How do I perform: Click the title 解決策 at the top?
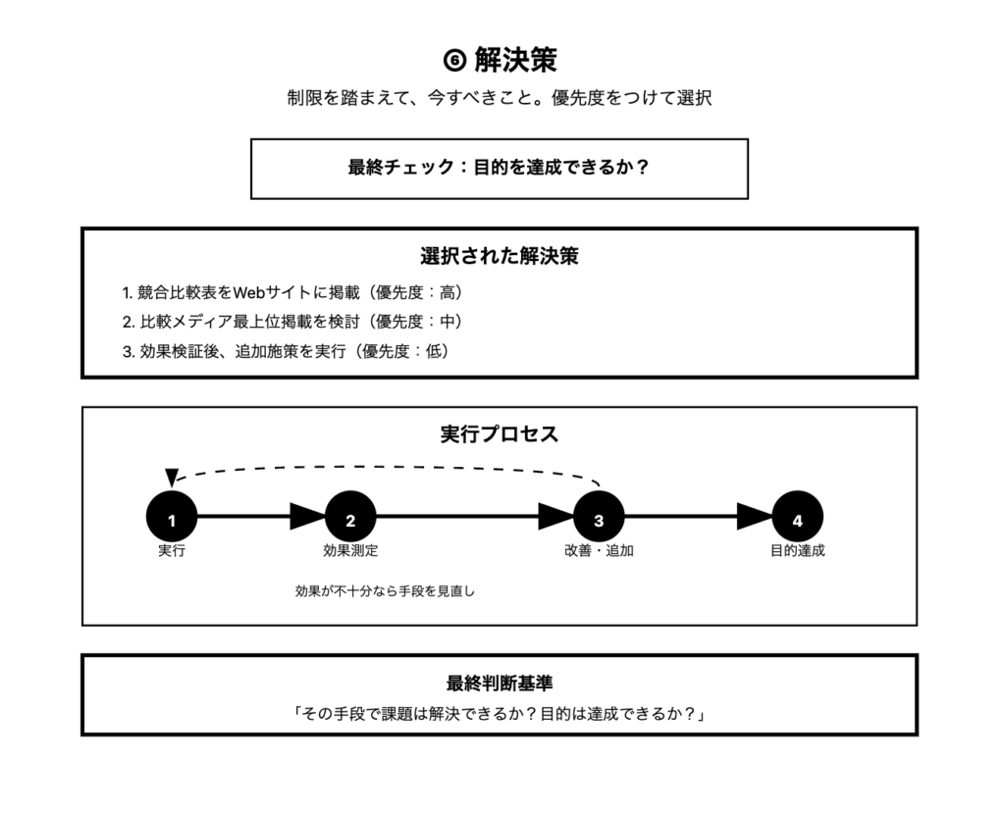515,60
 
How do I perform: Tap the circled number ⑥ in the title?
453,61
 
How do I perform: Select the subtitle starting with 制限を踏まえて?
500,98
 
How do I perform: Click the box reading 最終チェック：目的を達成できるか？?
500,168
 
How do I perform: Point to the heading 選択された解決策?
500,257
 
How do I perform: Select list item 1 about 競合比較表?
292,292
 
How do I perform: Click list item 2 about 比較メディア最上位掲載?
292,322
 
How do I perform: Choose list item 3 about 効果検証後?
286,351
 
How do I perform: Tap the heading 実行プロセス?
500,434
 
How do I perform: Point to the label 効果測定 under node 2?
350,551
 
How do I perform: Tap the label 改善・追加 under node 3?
599,551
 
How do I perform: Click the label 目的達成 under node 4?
797,551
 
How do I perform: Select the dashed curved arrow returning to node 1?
383,466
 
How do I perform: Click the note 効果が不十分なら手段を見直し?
385,591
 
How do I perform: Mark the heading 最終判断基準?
500,684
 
